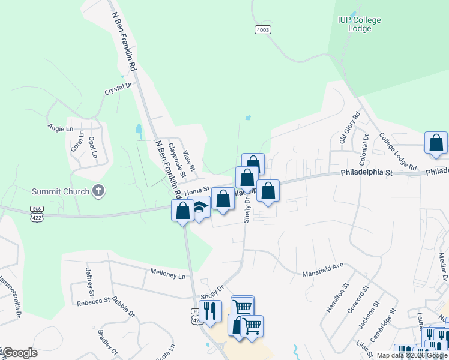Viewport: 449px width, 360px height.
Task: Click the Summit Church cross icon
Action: coord(98,191)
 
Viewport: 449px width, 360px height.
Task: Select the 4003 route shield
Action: coord(262,29)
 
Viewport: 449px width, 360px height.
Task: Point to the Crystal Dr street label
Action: coord(118,89)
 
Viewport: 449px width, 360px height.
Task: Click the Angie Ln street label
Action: coord(60,128)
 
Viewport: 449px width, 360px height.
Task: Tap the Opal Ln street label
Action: coord(93,146)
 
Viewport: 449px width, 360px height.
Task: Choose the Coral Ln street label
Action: coord(76,142)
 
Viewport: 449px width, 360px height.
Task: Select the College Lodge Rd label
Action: coord(398,152)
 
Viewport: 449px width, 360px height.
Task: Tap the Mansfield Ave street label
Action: coord(322,268)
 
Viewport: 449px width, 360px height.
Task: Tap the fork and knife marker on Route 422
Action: coord(209,311)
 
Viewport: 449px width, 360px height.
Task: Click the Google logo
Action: coord(20,353)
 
